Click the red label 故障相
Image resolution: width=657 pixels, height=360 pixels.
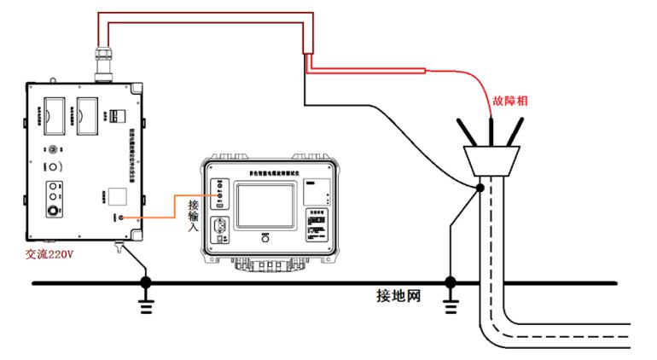[x=510, y=101]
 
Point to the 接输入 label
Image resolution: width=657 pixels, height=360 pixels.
[x=194, y=216]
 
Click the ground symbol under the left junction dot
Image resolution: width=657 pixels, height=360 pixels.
[x=146, y=305]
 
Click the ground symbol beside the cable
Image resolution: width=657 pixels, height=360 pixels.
[x=451, y=305]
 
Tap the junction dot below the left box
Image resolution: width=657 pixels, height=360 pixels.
[x=146, y=282]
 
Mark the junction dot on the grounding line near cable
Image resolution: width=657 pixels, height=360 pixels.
[x=451, y=282]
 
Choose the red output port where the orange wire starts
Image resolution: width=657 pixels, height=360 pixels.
[x=122, y=218]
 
